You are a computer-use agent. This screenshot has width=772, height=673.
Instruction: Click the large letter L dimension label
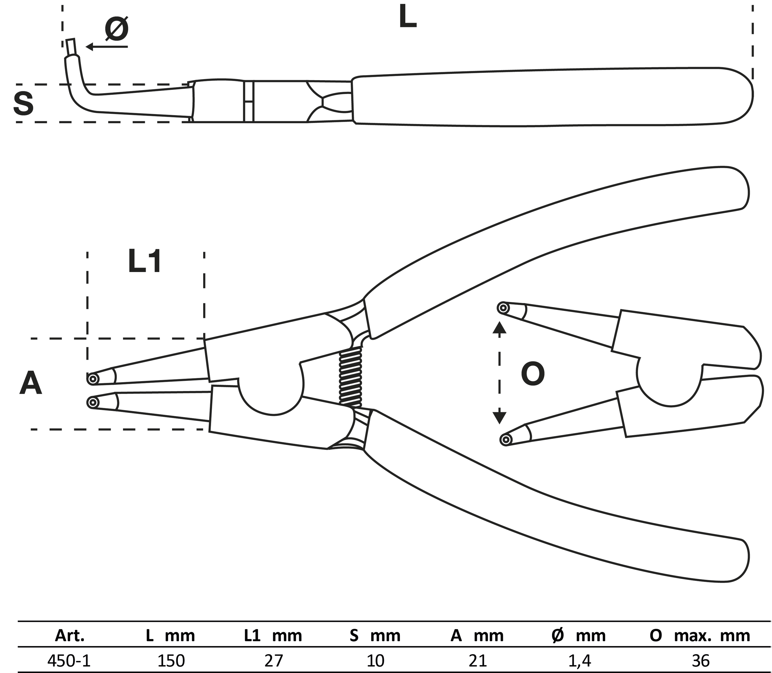[x=408, y=17]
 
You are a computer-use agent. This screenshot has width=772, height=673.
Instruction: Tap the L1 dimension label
[x=145, y=262]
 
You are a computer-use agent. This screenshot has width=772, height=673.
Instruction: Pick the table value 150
[x=171, y=660]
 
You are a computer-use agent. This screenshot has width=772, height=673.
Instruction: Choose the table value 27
[x=273, y=660]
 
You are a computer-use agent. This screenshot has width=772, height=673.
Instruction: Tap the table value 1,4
[x=580, y=660]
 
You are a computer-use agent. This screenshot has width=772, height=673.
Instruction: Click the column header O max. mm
[x=699, y=636]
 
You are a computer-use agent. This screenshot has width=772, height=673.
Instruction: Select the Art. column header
[x=69, y=636]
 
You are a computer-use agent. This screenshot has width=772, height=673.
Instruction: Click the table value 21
[x=478, y=660]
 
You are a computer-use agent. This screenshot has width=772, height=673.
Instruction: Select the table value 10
[x=375, y=660]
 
